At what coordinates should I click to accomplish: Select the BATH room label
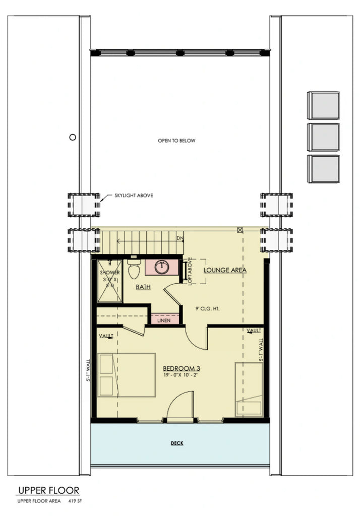tap(144, 287)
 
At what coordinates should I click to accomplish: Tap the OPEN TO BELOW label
tap(176, 141)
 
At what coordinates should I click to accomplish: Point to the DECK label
tap(176, 443)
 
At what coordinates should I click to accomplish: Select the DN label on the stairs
tap(179, 238)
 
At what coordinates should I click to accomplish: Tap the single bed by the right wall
tap(249, 389)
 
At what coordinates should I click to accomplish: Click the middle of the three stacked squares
tap(323, 137)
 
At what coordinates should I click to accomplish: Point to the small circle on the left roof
tap(73, 137)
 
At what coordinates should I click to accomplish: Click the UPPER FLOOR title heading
tap(48, 490)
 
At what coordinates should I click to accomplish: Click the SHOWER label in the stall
tap(109, 273)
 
